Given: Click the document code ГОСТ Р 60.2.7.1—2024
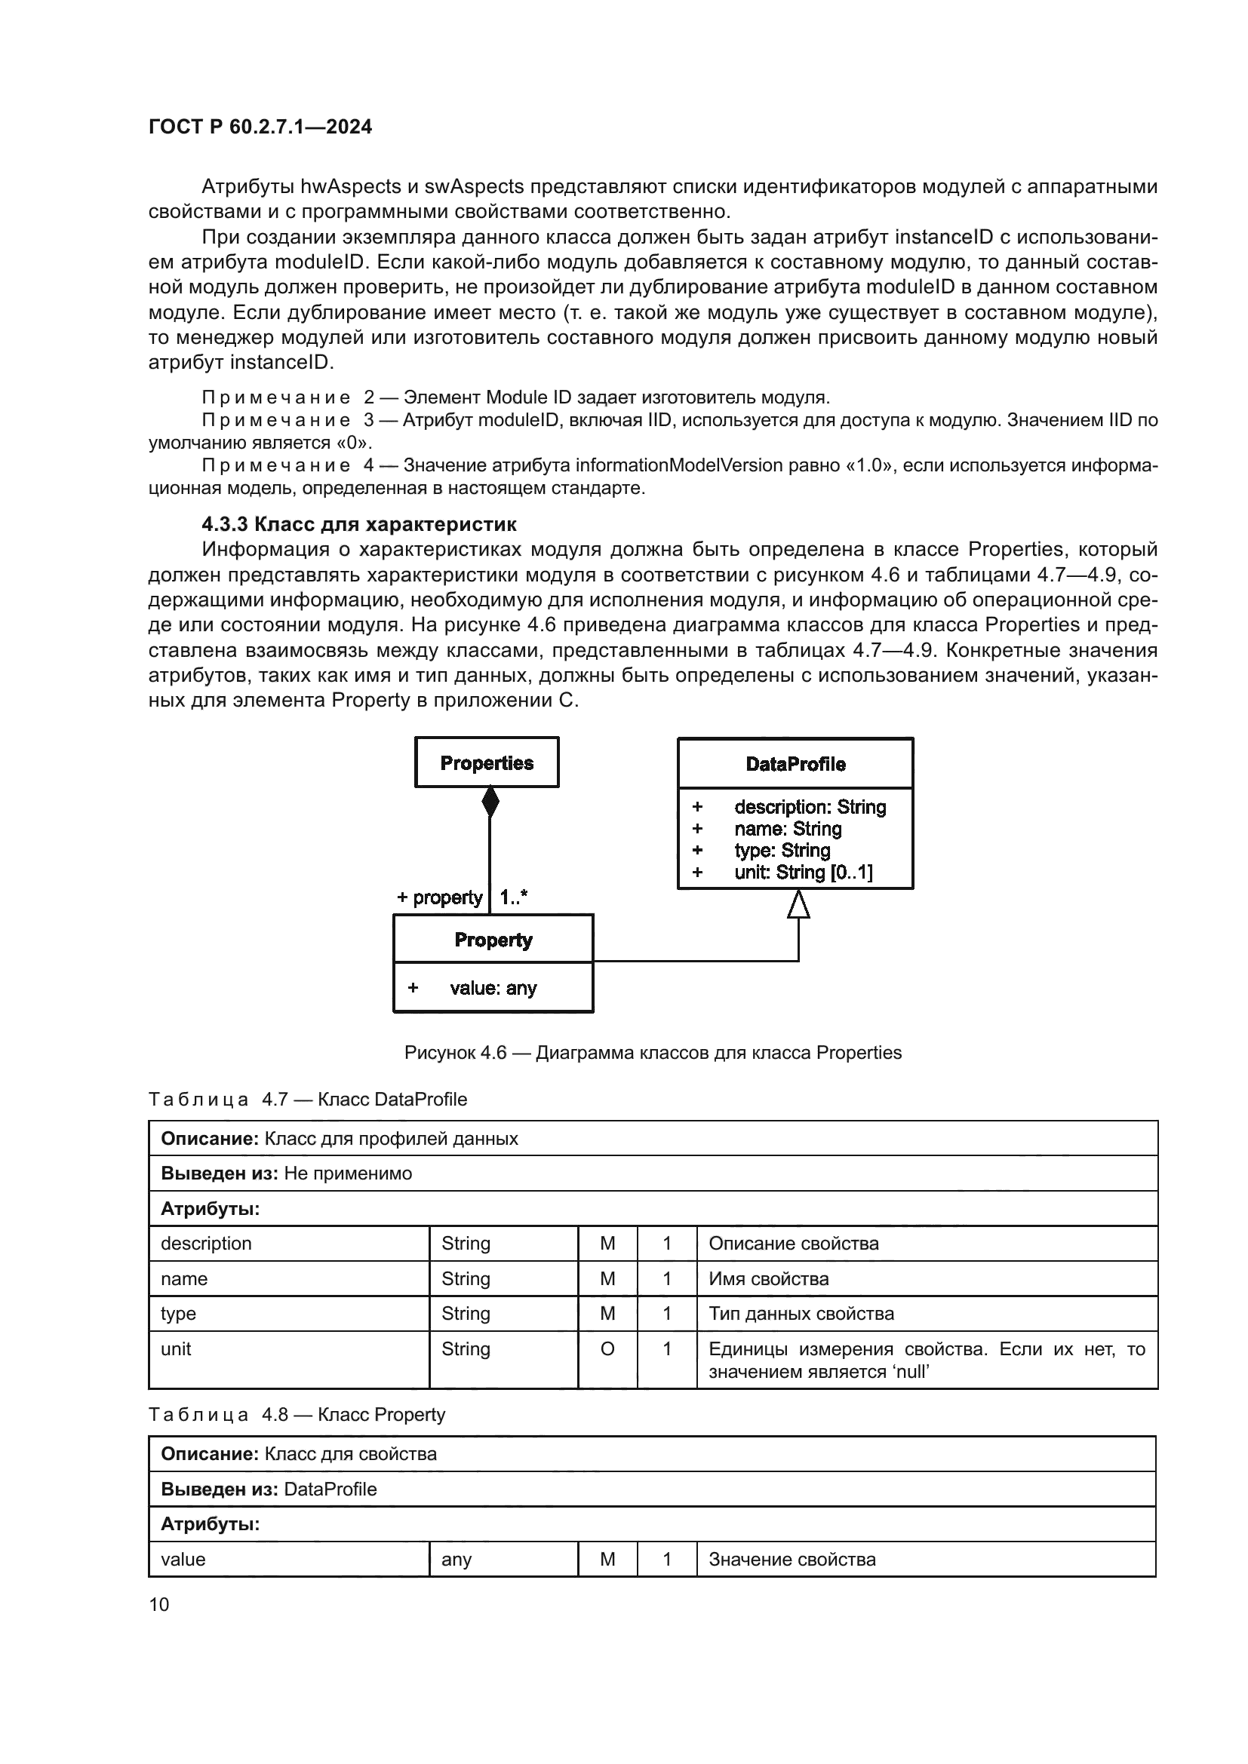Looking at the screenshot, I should tap(260, 127).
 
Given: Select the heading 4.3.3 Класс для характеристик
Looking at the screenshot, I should tap(359, 524).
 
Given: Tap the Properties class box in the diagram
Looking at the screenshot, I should tap(487, 763).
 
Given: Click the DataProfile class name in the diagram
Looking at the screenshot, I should tap(795, 764).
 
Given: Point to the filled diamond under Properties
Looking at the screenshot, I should tap(490, 803).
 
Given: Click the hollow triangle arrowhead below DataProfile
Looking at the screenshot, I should tap(798, 904).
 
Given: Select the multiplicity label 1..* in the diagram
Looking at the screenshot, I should tap(513, 897).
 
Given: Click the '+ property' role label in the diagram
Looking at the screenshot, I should tap(440, 897).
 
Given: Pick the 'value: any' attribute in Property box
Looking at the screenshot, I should tap(493, 988).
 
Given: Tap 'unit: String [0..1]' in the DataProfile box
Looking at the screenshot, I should tap(803, 872).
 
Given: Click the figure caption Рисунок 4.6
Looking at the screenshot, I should tap(653, 1053).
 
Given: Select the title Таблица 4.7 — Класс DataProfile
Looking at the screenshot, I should tap(307, 1100).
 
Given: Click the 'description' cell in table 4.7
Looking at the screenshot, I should tap(206, 1244).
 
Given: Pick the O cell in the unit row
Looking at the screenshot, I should tap(607, 1349).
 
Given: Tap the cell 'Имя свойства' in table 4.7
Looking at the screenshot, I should tap(768, 1279).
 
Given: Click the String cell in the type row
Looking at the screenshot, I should tap(466, 1314).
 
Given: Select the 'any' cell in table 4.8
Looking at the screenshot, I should tap(456, 1560).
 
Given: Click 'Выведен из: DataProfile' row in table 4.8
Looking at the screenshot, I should tap(269, 1489).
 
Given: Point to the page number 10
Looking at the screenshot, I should tap(159, 1605).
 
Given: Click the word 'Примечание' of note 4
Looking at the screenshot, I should tap(276, 465).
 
